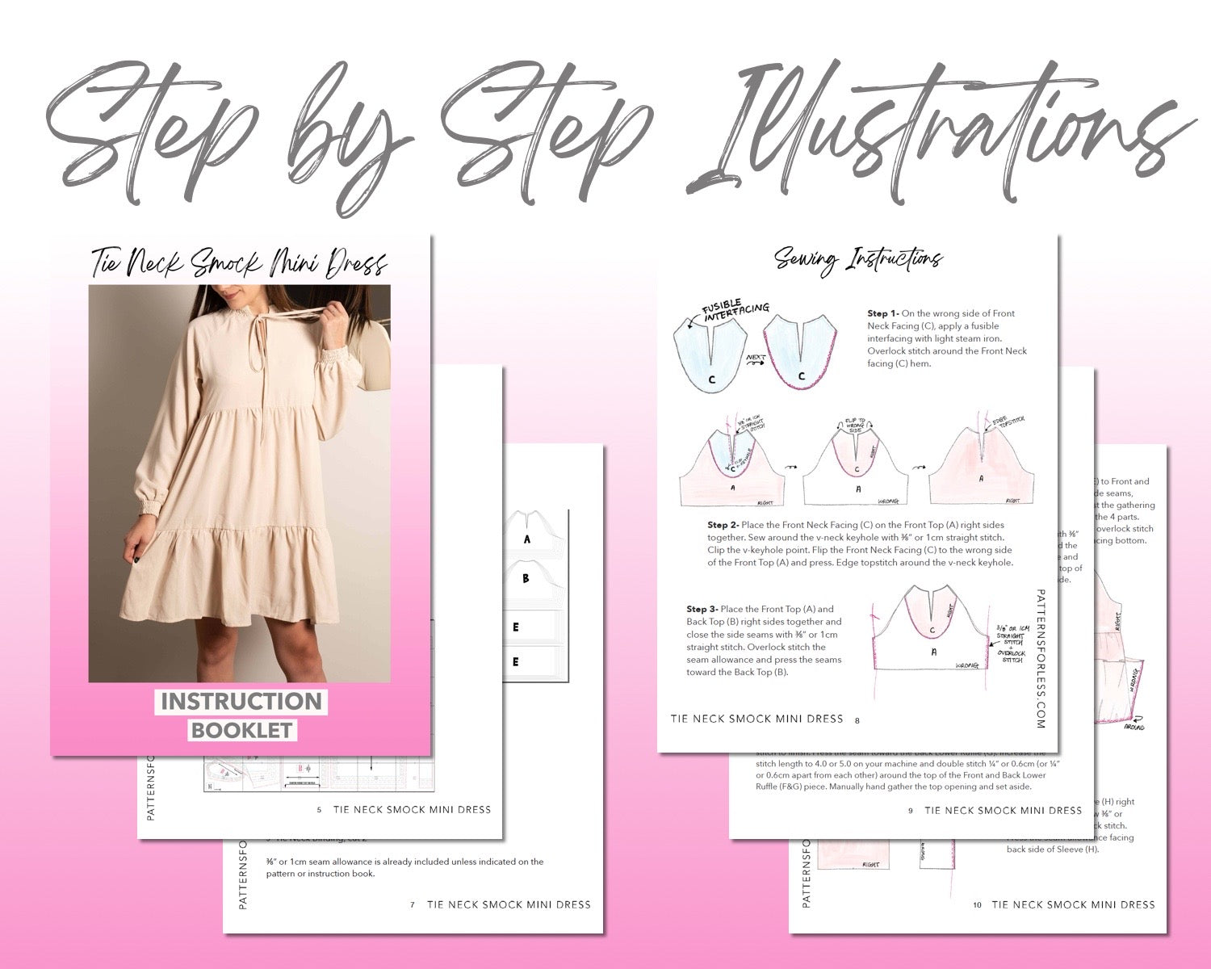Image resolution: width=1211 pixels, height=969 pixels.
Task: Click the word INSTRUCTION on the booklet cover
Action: [241, 701]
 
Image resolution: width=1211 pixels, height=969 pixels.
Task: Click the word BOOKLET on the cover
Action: [241, 730]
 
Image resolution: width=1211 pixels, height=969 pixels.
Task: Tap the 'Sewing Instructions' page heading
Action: [858, 260]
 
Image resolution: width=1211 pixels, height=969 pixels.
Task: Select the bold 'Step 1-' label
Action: [883, 313]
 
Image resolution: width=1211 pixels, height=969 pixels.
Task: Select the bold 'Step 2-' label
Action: [723, 525]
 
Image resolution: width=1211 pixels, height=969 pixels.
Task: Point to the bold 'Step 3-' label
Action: [702, 609]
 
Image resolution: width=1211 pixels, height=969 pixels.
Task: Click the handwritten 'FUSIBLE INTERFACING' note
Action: [735, 312]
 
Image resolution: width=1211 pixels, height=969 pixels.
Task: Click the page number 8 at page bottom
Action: [857, 720]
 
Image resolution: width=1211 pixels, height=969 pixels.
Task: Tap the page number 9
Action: [911, 811]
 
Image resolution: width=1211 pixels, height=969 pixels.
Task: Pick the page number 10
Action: [977, 905]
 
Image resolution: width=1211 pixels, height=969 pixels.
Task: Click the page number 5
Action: [320, 810]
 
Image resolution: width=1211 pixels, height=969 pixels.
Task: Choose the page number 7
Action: [413, 905]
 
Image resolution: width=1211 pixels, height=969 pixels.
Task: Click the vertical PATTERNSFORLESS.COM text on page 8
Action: [1040, 658]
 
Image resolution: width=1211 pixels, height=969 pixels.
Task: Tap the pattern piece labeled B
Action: [526, 579]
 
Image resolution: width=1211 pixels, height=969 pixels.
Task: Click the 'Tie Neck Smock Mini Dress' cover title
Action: [239, 263]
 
